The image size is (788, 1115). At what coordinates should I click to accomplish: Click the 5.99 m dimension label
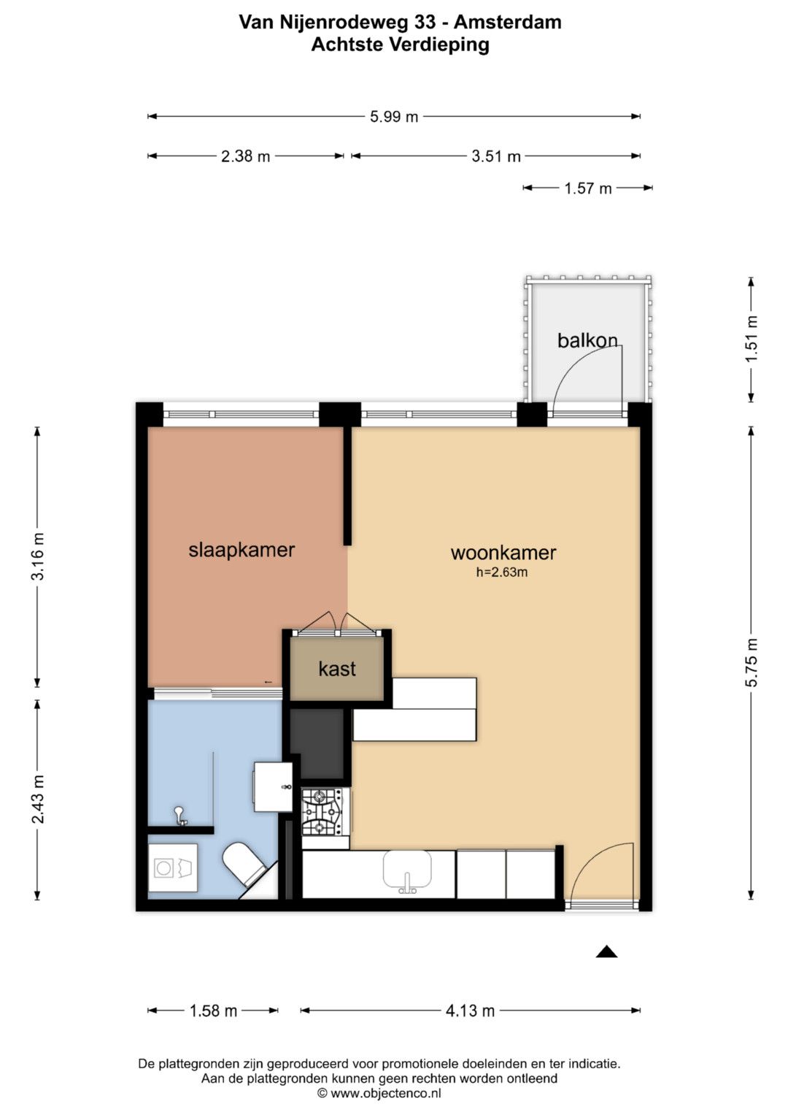pyautogui.click(x=393, y=117)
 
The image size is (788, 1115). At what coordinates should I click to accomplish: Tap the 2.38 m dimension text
pyautogui.click(x=245, y=157)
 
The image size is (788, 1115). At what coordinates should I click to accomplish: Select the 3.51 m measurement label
pyautogui.click(x=496, y=157)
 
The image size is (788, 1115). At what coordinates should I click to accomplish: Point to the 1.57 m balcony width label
pyautogui.click(x=587, y=188)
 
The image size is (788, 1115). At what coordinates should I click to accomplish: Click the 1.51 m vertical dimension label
pyautogui.click(x=752, y=339)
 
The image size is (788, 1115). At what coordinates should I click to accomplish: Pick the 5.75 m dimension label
pyautogui.click(x=752, y=662)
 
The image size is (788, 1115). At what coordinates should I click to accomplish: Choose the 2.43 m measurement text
pyautogui.click(x=38, y=799)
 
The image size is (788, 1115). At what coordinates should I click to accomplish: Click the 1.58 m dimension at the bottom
pyautogui.click(x=213, y=1011)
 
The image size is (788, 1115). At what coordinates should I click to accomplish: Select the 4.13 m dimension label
pyautogui.click(x=470, y=1011)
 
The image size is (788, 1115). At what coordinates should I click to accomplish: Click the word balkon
pyautogui.click(x=587, y=340)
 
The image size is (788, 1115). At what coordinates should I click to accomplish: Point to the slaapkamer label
pyautogui.click(x=242, y=550)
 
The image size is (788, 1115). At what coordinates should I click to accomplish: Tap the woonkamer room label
pyautogui.click(x=503, y=553)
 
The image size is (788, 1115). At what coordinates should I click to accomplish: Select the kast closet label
pyautogui.click(x=337, y=669)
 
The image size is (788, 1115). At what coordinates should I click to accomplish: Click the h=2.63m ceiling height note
pyautogui.click(x=501, y=572)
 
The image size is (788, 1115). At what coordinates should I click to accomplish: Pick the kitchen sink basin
pyautogui.click(x=407, y=869)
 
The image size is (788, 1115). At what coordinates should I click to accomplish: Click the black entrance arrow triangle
pyautogui.click(x=606, y=951)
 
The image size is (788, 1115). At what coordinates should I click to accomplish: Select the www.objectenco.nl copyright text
pyautogui.click(x=379, y=1094)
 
